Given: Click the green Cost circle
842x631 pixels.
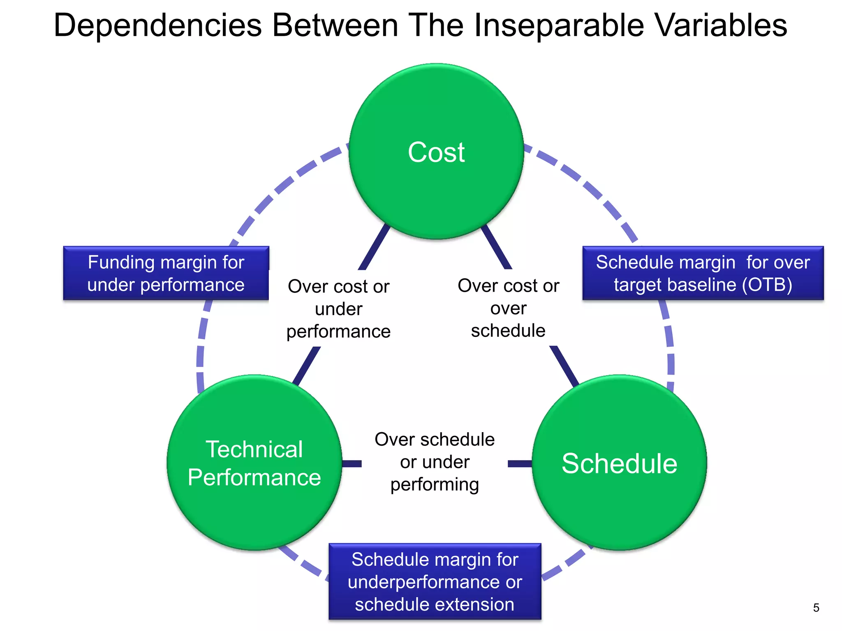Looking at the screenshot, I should (x=436, y=152).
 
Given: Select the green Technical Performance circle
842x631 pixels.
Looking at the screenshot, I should (x=254, y=463).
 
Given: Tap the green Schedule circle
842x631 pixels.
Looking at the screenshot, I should (x=619, y=463).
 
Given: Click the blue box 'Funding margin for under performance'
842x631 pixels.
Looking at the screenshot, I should (x=166, y=273).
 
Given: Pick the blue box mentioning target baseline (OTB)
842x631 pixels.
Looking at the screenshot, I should (x=703, y=273).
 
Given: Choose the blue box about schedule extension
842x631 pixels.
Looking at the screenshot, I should (x=435, y=581).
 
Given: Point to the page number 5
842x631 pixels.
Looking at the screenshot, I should (x=816, y=608).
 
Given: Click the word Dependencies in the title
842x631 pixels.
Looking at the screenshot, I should (x=157, y=25).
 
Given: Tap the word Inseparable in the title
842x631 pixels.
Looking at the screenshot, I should (x=559, y=25).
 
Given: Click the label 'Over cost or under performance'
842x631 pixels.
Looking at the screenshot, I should (x=338, y=309).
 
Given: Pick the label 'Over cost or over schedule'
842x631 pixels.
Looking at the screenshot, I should (x=508, y=308).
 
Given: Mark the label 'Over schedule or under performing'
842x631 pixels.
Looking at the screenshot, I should (x=435, y=462).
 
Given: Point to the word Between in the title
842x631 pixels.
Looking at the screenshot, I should (x=335, y=25).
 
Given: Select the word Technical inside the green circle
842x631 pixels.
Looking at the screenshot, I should (x=254, y=449).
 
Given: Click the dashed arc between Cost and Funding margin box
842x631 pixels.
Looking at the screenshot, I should (x=284, y=185).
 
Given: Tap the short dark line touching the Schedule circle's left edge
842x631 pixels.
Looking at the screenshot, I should (x=520, y=464).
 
